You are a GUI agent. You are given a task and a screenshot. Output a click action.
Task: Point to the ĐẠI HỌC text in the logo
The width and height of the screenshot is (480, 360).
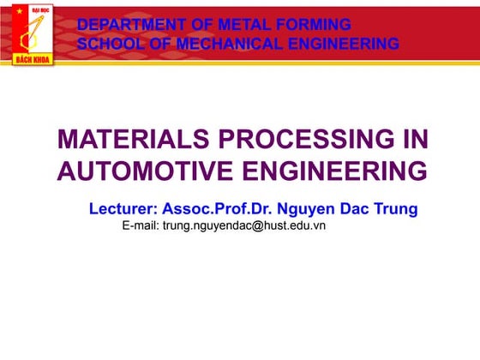pyautogui.click(x=41, y=10)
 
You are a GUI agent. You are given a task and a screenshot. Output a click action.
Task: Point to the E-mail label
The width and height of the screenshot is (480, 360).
pyautogui.click(x=141, y=225)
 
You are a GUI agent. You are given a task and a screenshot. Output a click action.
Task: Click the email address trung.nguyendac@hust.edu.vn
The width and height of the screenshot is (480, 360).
pyautogui.click(x=244, y=225)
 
